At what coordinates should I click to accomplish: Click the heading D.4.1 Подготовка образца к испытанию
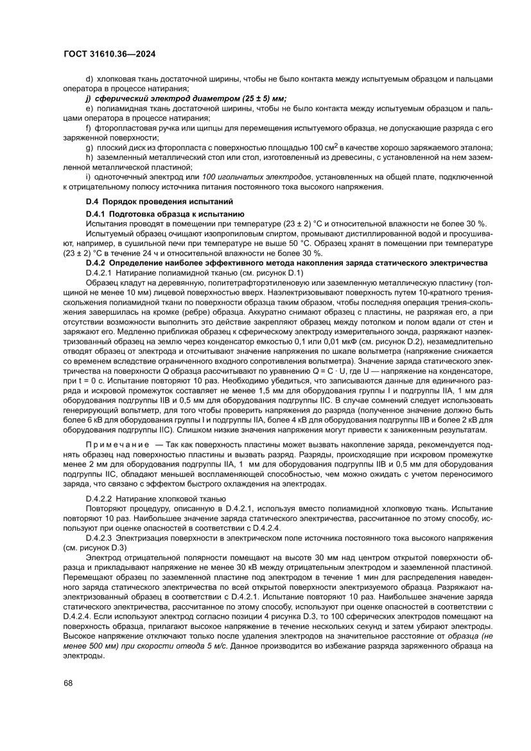click(164, 213)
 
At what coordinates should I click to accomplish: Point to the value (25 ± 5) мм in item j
click(261, 99)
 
